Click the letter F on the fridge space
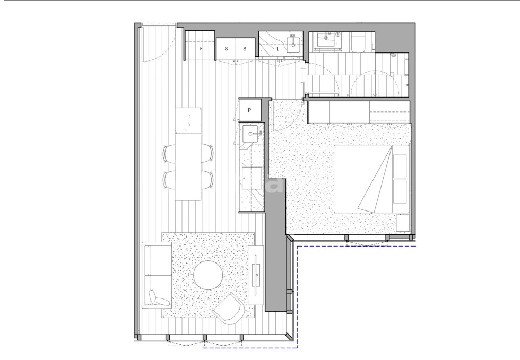tap(201, 49)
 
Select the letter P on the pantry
tap(249, 110)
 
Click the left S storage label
tap(226, 49)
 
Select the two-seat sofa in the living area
tap(157, 274)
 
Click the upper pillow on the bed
tap(400, 165)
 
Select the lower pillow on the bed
tap(400, 192)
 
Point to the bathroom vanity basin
tap(327, 40)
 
